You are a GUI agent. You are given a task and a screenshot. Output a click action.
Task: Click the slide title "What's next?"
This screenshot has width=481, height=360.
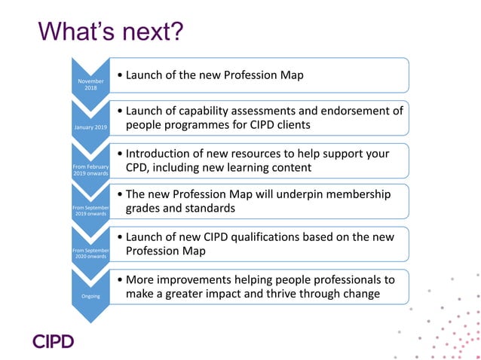[111, 32]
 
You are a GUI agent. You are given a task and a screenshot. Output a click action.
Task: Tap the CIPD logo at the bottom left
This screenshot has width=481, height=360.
[53, 341]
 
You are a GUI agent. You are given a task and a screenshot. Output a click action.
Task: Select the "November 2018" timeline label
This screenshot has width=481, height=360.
[90, 84]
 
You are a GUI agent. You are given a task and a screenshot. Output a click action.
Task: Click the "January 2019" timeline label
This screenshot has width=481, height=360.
[90, 127]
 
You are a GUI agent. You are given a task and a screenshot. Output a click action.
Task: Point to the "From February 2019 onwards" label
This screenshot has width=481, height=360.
[90, 169]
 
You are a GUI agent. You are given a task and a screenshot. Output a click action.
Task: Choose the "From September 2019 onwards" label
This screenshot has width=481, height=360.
[90, 210]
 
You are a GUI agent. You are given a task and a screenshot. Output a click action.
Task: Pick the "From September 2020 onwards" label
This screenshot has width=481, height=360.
[90, 252]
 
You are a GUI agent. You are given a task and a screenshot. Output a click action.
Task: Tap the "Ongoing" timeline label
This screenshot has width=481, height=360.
[90, 296]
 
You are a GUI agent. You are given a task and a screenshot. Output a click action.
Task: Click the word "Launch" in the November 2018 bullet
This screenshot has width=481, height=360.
[147, 75]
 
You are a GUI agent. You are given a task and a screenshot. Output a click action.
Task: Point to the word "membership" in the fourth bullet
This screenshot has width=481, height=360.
[357, 194]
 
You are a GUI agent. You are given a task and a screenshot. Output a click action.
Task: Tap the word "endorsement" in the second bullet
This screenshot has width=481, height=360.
[352, 111]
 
